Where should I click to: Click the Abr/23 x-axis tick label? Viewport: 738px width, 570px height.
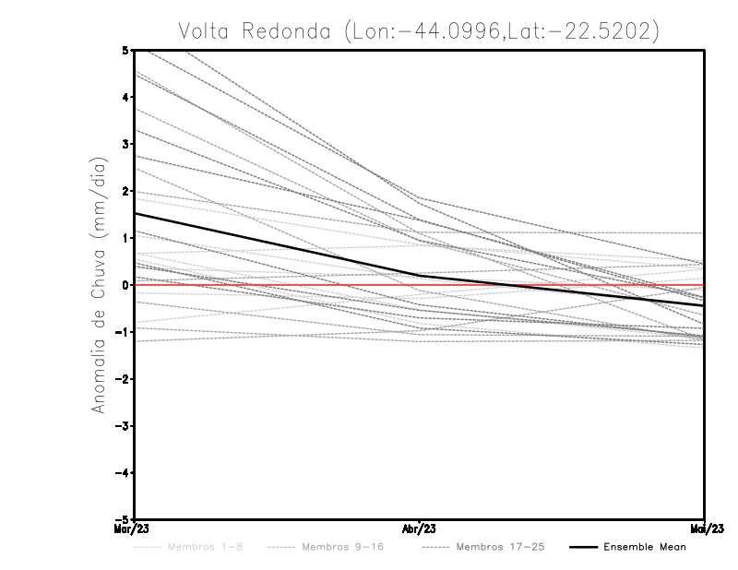coord(419,528)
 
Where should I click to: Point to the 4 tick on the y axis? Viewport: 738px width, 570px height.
coord(125,97)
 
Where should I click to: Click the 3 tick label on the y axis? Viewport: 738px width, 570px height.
coord(125,144)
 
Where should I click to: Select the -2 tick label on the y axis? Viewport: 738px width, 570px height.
coord(123,379)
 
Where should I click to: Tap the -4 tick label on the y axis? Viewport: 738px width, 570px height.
coord(123,472)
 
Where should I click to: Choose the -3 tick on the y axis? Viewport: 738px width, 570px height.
coord(123,426)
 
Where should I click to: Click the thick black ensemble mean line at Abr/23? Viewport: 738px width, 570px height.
coord(419,275)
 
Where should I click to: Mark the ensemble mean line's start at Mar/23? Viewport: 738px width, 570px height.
coord(136,213)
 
